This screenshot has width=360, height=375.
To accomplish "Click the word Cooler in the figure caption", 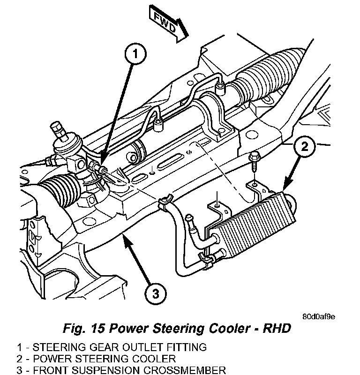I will tap(218, 328).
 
